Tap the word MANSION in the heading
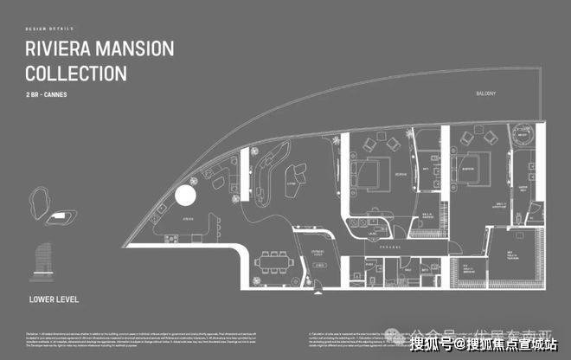pos(138,48)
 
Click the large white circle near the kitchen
pos(186,195)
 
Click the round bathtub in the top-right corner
pos(523,134)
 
